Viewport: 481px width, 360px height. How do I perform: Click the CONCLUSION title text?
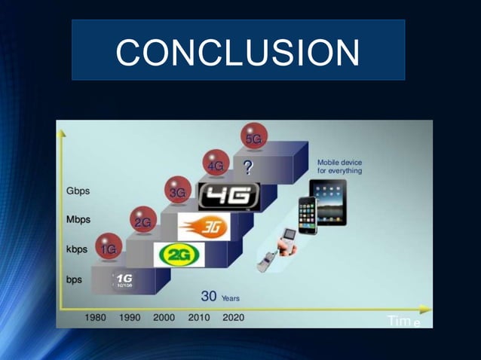pyautogui.click(x=237, y=52)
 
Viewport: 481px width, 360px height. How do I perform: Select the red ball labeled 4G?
pyautogui.click(x=216, y=164)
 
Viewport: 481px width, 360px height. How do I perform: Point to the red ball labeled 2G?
pyautogui.click(x=142, y=221)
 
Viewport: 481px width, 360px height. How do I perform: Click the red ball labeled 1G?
pyautogui.click(x=109, y=248)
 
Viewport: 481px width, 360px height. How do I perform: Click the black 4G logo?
pyautogui.click(x=228, y=197)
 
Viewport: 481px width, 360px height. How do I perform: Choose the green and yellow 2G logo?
pyautogui.click(x=179, y=255)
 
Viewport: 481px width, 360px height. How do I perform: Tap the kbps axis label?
pyautogui.click(x=77, y=249)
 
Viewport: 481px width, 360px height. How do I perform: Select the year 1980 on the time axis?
pyautogui.click(x=95, y=318)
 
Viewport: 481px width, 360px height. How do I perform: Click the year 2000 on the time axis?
pyautogui.click(x=164, y=318)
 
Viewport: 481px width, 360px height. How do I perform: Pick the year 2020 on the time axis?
pyautogui.click(x=233, y=318)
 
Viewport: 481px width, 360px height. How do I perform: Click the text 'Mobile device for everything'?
pyautogui.click(x=339, y=166)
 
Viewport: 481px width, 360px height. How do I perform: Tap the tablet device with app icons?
pyautogui.click(x=329, y=203)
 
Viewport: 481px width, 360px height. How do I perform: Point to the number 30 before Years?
pyautogui.click(x=209, y=297)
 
